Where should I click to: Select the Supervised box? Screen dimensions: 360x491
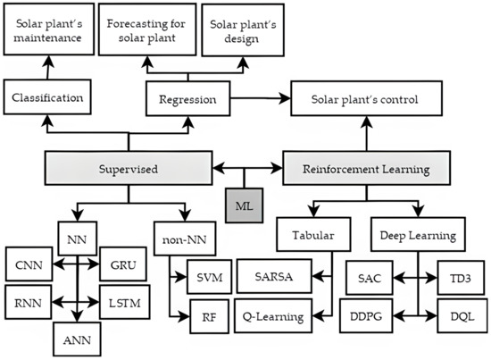tap(129, 167)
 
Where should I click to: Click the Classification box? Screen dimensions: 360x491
tap(46, 96)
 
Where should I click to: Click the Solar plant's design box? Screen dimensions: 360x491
tap(241, 30)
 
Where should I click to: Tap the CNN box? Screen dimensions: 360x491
tap(30, 265)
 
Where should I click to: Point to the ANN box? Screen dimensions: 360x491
tap(78, 339)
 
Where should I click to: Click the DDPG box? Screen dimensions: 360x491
tap(368, 315)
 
